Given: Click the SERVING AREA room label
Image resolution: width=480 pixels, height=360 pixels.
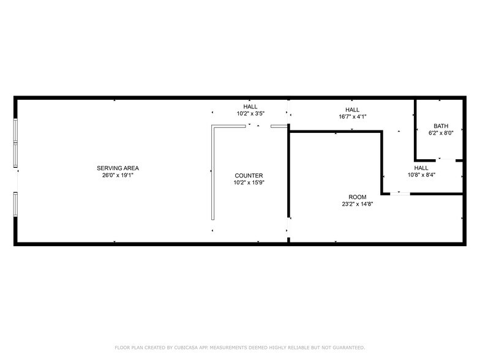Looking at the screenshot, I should (x=118, y=168).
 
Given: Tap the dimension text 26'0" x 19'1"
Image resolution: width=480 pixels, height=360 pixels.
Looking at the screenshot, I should (x=118, y=175).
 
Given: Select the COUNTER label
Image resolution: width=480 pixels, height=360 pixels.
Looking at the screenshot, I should (x=248, y=175).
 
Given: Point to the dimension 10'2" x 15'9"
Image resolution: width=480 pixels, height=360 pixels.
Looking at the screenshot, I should (x=248, y=182).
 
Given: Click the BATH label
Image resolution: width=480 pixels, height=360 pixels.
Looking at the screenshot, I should (x=441, y=126).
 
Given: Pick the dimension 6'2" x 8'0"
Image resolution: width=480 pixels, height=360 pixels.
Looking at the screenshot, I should (x=441, y=133).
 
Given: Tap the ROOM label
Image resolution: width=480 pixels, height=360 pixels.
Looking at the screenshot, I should (x=358, y=197).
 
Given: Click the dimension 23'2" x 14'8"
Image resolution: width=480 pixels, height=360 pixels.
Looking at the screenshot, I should (x=358, y=204).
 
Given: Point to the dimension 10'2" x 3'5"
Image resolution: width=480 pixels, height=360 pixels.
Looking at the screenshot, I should (x=250, y=113).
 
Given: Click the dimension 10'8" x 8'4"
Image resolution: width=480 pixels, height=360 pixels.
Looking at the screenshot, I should (x=421, y=175).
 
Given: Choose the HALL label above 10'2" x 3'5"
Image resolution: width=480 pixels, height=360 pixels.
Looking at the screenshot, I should (x=250, y=106).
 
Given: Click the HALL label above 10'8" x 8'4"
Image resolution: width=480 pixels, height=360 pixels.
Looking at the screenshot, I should (x=421, y=168).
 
